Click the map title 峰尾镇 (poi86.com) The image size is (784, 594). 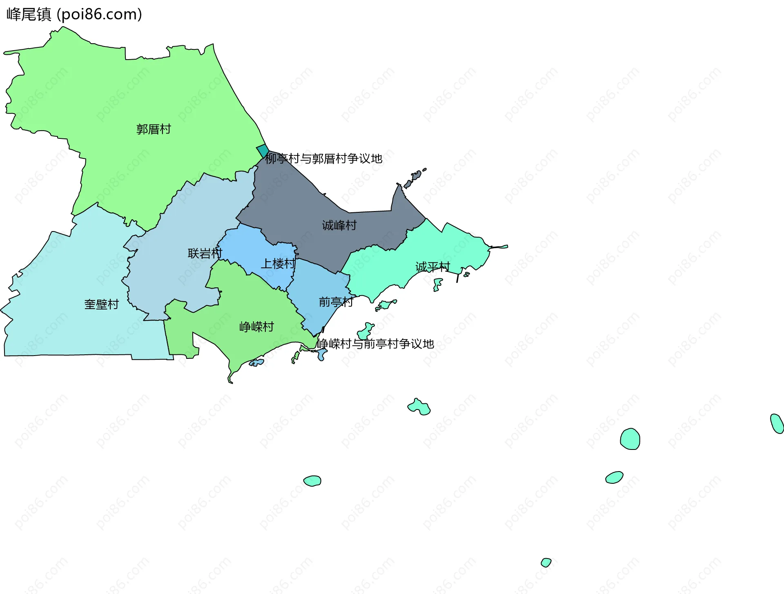[74, 14]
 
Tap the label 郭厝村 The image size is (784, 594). [154, 129]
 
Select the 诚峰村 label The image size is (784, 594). [339, 225]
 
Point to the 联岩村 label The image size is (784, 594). [205, 254]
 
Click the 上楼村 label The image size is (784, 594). [278, 264]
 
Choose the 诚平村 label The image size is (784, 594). [433, 267]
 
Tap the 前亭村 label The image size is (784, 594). [336, 302]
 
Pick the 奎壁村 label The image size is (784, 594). [102, 304]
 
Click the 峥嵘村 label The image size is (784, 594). [257, 327]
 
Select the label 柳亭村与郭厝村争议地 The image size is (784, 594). [324, 158]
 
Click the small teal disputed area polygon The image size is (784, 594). [263, 150]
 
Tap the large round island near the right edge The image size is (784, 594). [630, 439]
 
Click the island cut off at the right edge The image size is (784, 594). [777, 423]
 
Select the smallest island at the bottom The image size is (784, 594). [546, 562]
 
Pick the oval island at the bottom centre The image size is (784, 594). [312, 481]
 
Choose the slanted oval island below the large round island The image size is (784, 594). [614, 477]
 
